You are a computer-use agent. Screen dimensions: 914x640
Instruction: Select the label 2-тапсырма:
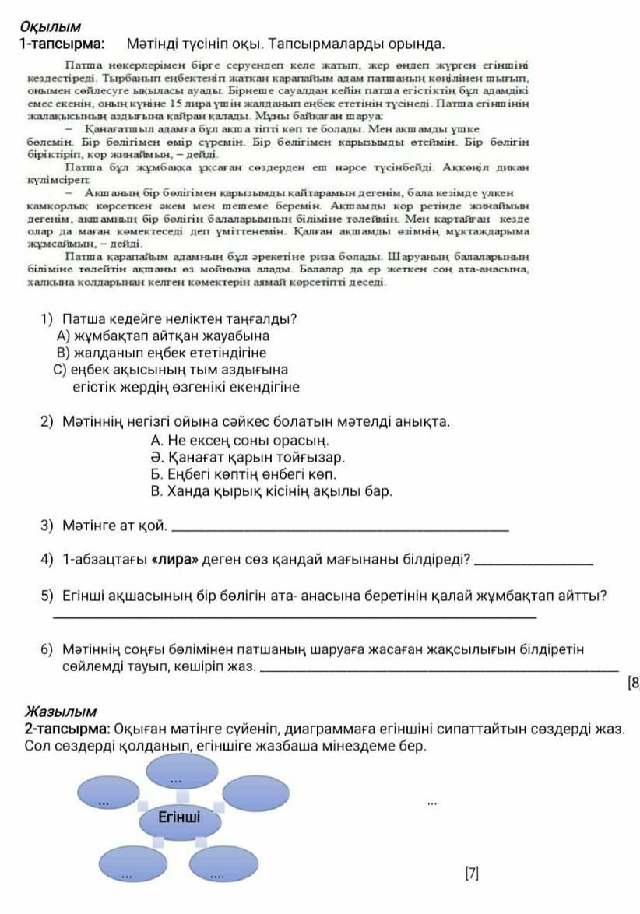(67, 729)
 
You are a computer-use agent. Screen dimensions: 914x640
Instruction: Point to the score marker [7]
(471, 874)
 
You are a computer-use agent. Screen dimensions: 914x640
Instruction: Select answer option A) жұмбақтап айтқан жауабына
(164, 336)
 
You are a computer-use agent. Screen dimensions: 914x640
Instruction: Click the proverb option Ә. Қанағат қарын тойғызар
(248, 457)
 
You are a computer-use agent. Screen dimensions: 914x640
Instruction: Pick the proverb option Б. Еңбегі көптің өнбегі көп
(244, 474)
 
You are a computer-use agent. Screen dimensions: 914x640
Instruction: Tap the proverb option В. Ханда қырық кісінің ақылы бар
(271, 491)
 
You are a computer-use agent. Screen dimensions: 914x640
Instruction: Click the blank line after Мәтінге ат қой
(339, 529)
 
